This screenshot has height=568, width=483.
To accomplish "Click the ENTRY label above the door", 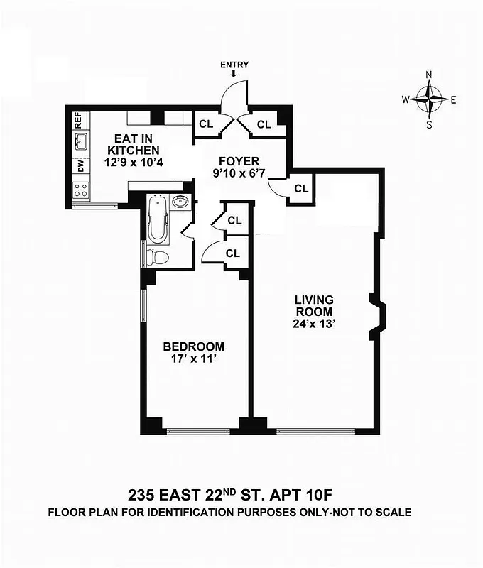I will pyautogui.click(x=234, y=65).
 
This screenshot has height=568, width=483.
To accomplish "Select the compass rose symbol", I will pyautogui.click(x=429, y=99).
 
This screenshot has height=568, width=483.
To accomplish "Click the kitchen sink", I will pyautogui.click(x=81, y=142).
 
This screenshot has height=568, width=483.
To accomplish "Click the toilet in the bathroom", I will pyautogui.click(x=157, y=256).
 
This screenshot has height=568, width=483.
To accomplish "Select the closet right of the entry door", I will pyautogui.click(x=264, y=124).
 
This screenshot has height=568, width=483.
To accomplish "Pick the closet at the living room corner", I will pyautogui.click(x=301, y=189).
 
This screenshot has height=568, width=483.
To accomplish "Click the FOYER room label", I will pyautogui.click(x=239, y=161).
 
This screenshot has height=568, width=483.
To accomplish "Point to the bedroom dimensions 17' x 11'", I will pyautogui.click(x=193, y=359).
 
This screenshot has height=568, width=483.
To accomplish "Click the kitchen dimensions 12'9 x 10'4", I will pyautogui.click(x=133, y=163).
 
